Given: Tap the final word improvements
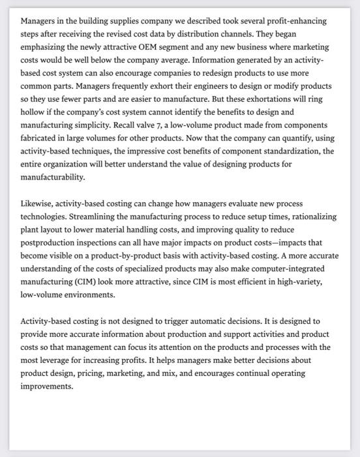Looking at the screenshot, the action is click(48, 386).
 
